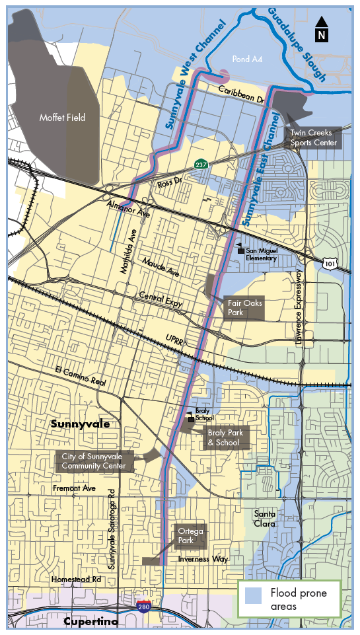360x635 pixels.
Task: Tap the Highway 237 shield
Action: click(200, 163)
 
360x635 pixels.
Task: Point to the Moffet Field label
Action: click(61, 118)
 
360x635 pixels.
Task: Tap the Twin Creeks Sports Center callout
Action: click(314, 138)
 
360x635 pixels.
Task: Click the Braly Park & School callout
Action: click(227, 438)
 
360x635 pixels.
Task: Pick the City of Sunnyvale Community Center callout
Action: click(94, 461)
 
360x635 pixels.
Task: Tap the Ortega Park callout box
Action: click(190, 537)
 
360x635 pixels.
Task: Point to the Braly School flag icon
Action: click(191, 416)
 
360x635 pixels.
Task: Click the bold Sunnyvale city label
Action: click(80, 424)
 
